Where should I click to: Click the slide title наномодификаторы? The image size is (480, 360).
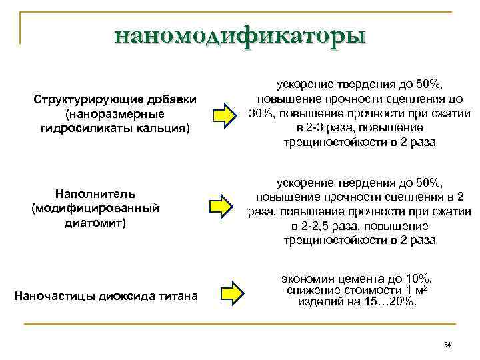tap(240, 34)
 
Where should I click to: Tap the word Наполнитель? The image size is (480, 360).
tap(96, 193)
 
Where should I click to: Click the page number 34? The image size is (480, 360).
tap(447, 345)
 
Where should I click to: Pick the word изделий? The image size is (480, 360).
tap(320, 301)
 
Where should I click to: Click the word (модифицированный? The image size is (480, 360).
tap(96, 208)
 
